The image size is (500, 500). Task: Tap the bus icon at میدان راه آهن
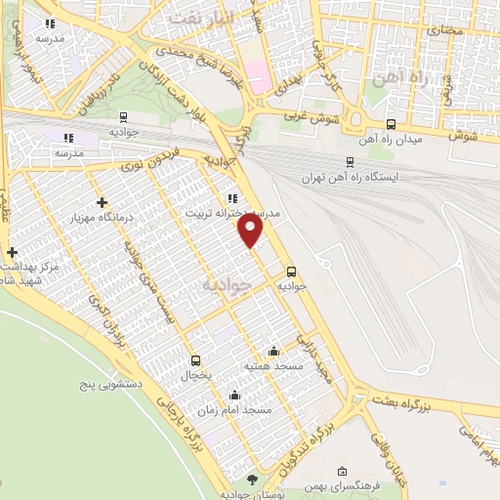click(391, 124)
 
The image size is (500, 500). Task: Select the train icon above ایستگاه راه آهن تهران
click(350, 163)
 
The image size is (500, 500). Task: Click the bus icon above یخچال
click(195, 360)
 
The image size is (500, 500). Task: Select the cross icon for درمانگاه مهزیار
click(103, 202)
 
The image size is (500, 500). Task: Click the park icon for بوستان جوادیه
click(253, 478)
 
